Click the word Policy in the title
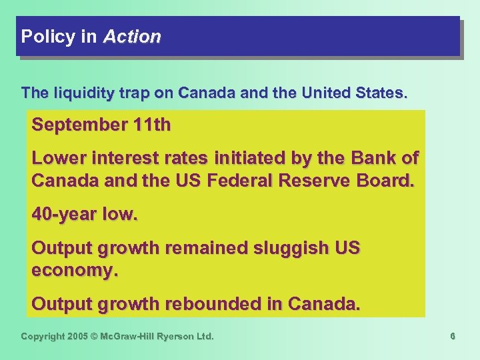tap(48, 37)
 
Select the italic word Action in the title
tap(132, 37)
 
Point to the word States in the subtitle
tap(380, 93)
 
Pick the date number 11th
tap(150, 125)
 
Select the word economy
tap(74, 271)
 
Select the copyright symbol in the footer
tap(95, 337)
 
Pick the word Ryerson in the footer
tap(175, 337)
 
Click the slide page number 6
tap(452, 337)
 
